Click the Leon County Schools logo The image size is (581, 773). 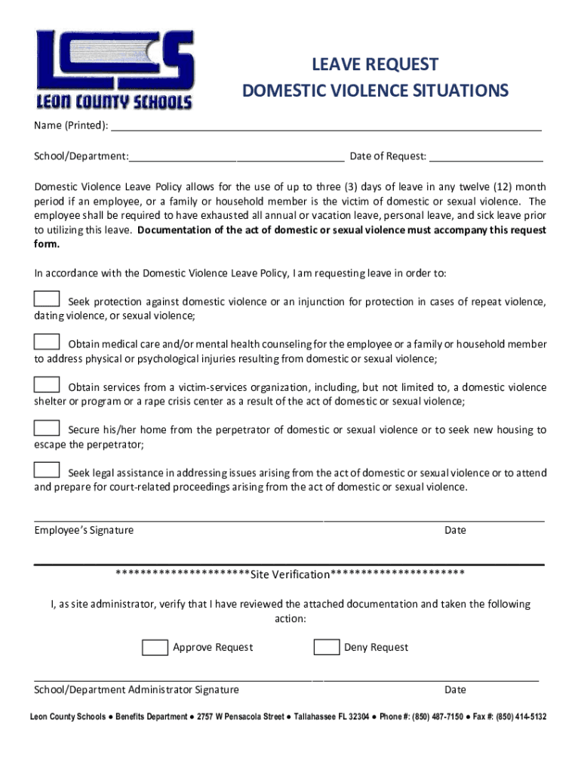click(115, 70)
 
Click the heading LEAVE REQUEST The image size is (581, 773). click(375, 64)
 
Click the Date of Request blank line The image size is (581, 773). click(486, 156)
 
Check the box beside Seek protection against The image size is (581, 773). click(48, 299)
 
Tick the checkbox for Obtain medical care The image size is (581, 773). click(48, 341)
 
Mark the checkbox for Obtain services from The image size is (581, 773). click(48, 384)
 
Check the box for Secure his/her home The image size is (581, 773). click(48, 427)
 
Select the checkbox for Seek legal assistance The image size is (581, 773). click(48, 470)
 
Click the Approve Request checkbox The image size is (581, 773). click(155, 647)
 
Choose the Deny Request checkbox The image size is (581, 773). click(326, 647)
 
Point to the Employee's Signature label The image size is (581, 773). click(84, 530)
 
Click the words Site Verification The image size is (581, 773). click(290, 574)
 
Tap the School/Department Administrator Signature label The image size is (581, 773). click(137, 689)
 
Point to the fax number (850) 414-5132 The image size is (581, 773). click(521, 716)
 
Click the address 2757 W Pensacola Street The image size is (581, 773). click(241, 716)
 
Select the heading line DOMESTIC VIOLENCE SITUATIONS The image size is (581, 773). click(375, 91)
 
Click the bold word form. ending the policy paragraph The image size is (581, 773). click(46, 244)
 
